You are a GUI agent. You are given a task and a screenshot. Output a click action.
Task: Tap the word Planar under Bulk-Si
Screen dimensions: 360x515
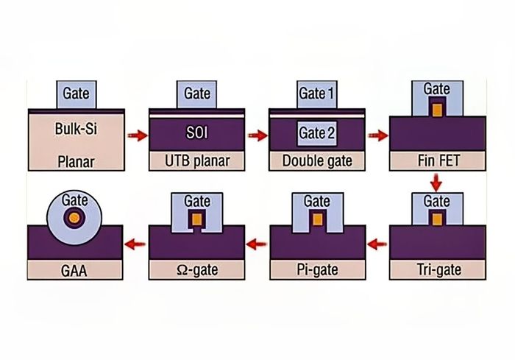(x=77, y=160)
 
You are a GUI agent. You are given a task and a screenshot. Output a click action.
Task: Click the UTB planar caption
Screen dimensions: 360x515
(x=196, y=160)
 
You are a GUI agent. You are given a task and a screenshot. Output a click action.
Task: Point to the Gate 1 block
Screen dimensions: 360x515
(x=317, y=93)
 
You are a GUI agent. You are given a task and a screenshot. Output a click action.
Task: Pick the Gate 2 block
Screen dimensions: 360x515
(x=317, y=133)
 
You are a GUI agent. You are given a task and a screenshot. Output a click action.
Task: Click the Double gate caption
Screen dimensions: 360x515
(x=317, y=160)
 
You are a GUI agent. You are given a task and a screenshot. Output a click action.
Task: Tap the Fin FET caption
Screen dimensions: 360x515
(x=437, y=160)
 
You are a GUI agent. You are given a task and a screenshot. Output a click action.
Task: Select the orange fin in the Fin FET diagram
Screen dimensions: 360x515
(x=437, y=110)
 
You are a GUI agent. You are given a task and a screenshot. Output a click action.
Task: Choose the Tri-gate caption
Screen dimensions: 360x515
(x=437, y=269)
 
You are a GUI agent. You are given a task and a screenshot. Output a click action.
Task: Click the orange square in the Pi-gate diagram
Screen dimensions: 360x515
(x=317, y=219)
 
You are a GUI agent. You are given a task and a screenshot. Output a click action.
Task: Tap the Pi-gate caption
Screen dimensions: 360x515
(x=317, y=269)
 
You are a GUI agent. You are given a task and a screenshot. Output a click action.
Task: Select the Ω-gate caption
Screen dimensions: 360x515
(x=196, y=269)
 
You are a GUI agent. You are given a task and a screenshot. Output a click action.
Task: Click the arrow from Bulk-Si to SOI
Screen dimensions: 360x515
(x=136, y=136)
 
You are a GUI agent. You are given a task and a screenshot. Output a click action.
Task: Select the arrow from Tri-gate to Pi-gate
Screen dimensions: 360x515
(x=377, y=243)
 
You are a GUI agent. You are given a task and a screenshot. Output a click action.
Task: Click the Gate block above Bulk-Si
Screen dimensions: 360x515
(x=77, y=93)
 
